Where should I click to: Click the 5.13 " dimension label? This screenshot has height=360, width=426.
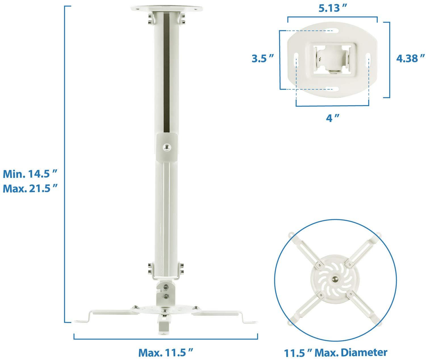click(x=332, y=9)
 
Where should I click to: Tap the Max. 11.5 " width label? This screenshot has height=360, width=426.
click(x=166, y=353)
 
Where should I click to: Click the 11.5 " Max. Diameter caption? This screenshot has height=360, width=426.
click(x=336, y=353)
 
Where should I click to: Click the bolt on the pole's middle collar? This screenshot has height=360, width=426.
click(x=166, y=146)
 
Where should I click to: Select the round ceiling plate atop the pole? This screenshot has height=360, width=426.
click(x=166, y=9)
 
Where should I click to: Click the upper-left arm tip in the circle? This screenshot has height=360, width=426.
click(x=291, y=235)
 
